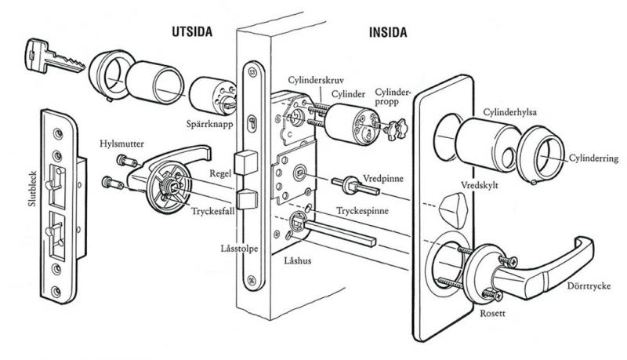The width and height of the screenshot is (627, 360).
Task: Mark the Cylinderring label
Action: (x=596, y=159)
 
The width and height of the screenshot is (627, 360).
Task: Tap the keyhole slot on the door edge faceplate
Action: (x=250, y=123)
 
